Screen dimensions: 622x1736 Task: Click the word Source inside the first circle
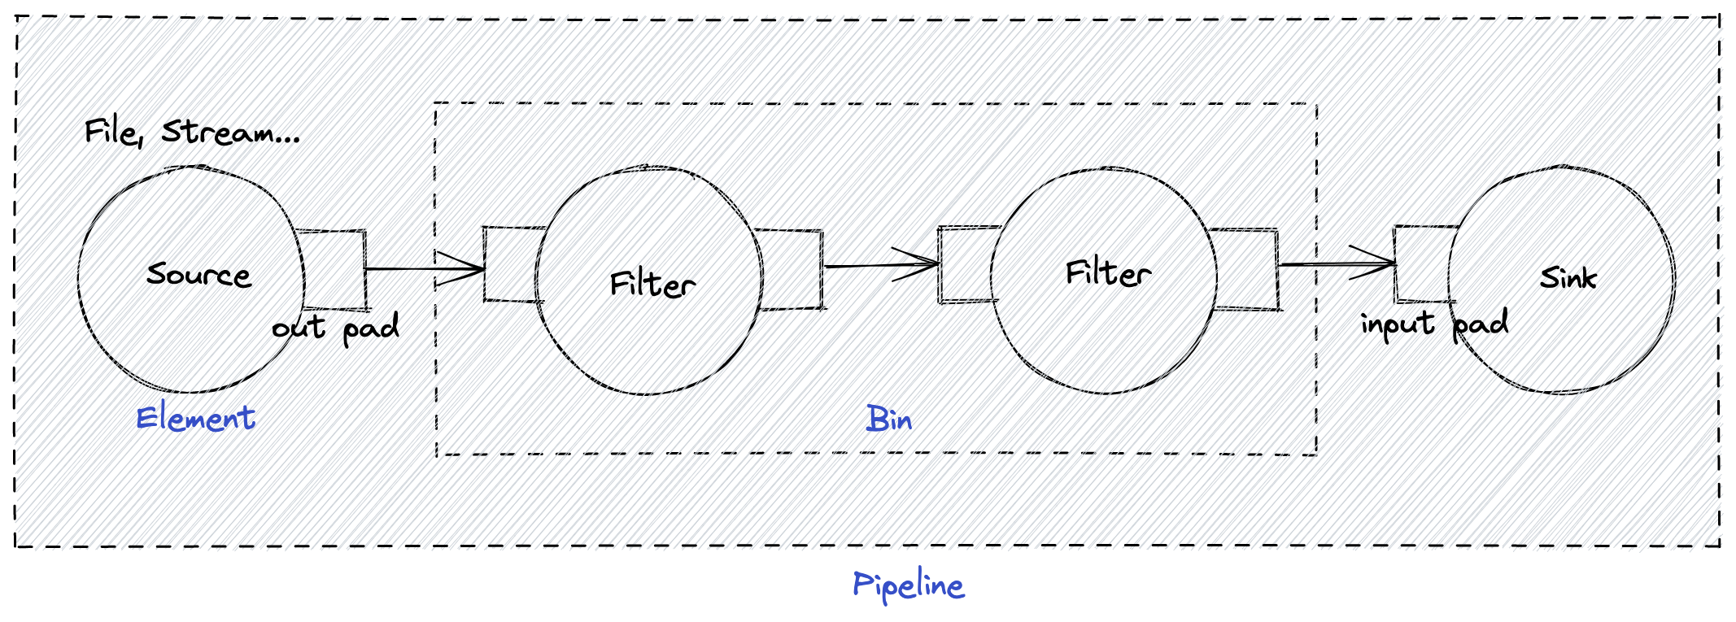point(198,274)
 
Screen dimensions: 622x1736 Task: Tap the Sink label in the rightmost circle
point(1568,278)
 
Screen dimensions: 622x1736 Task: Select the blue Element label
point(195,418)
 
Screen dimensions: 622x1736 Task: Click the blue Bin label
point(888,420)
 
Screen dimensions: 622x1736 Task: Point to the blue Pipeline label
point(909,585)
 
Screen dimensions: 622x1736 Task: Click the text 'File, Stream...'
point(192,132)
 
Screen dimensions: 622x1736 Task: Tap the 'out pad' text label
point(335,328)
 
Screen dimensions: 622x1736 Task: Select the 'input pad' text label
point(1434,324)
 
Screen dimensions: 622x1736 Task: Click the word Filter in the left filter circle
point(652,284)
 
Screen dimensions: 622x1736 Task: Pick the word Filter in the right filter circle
point(1108,273)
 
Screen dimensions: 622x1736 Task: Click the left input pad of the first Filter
point(510,263)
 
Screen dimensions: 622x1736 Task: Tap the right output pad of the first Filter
point(792,269)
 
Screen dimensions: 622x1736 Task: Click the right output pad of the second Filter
point(1246,269)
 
